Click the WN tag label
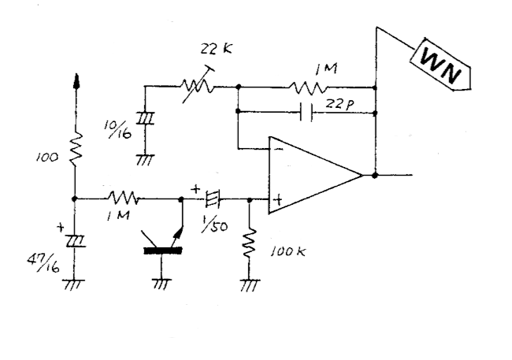440,65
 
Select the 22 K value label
216,49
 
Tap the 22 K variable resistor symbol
198,85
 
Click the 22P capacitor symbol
306,112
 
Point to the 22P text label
339,104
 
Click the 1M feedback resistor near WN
307,87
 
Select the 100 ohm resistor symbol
76,149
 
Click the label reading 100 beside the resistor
47,158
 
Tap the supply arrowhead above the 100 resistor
76,80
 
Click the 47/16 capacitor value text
43,262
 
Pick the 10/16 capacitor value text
118,129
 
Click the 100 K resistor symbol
250,244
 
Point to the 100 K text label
288,251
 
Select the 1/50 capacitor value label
214,225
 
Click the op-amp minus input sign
279,149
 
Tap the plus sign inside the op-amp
278,200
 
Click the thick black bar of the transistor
163,251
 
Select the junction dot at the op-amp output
375,176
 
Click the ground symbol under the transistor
161,284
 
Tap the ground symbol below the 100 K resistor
250,284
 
